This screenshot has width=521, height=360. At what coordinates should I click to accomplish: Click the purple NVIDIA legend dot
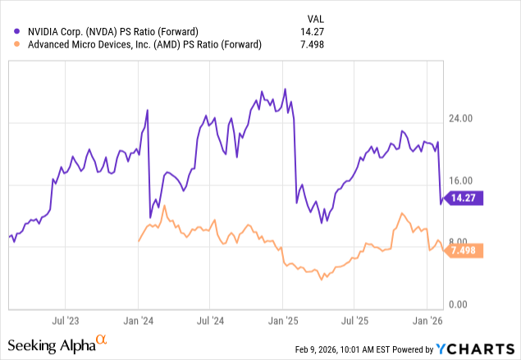(16, 31)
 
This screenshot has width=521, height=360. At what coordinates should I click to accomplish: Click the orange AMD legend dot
(16, 44)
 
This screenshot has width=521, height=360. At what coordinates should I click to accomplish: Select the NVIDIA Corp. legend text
(113, 32)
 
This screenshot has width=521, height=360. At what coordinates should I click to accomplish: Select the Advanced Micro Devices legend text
(144, 44)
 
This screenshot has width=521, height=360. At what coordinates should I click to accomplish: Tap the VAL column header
(315, 19)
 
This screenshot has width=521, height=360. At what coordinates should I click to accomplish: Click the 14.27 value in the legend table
(312, 32)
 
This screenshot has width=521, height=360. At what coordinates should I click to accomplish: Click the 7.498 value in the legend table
(312, 44)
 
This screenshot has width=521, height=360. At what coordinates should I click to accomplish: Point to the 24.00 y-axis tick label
(460, 119)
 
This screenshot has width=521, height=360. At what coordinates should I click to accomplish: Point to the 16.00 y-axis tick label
(460, 180)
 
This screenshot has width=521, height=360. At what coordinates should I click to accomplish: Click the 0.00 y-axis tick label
(458, 304)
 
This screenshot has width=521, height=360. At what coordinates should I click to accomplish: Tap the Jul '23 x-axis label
(66, 321)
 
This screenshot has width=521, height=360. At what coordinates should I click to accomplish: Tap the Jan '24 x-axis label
(138, 321)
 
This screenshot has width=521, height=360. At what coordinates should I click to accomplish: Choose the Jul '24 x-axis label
(210, 321)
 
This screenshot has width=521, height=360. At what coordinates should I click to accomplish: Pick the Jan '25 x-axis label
(283, 321)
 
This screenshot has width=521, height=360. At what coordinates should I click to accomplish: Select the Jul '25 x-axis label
(355, 321)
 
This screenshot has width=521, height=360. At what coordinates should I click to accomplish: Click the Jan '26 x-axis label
(427, 321)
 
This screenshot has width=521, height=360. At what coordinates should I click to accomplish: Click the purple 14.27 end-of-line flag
(464, 198)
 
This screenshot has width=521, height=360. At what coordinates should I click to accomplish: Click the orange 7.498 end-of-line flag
(464, 250)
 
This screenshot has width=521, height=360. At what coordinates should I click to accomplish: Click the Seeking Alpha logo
(57, 344)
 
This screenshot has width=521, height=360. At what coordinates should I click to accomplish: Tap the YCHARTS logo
(475, 349)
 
